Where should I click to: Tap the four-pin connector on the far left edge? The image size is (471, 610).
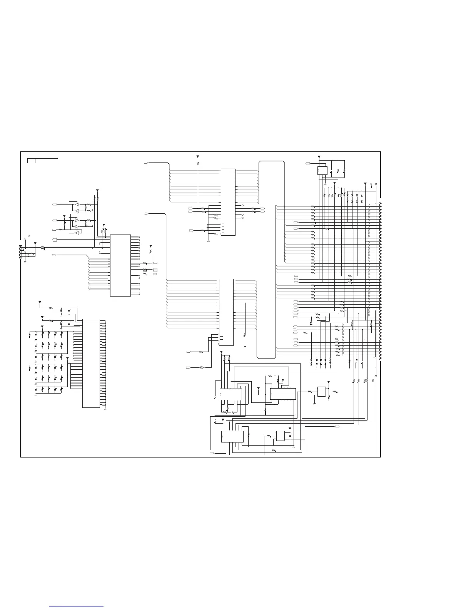pyautogui.click(x=21, y=252)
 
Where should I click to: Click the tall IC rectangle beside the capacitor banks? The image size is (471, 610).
pyautogui.click(x=91, y=363)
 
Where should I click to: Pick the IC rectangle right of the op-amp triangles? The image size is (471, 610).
pyautogui.click(x=120, y=265)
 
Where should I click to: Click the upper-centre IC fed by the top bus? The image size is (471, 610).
pyautogui.click(x=228, y=202)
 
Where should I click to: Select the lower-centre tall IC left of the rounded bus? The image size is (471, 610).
pyautogui.click(x=226, y=312)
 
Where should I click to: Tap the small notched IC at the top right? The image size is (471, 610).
pyautogui.click(x=321, y=170)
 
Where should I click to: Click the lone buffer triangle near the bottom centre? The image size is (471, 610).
pyautogui.click(x=202, y=368)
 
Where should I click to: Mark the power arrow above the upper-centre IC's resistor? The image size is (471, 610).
pyautogui.click(x=198, y=157)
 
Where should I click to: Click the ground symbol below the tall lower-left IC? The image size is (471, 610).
pyautogui.click(x=105, y=409)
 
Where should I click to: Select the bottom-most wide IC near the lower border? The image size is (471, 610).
pyautogui.click(x=232, y=436)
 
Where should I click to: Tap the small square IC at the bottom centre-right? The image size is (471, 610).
pyautogui.click(x=280, y=436)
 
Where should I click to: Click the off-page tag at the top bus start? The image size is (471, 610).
pyautogui.click(x=146, y=163)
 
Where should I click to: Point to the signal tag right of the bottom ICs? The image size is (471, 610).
pyautogui.click(x=337, y=427)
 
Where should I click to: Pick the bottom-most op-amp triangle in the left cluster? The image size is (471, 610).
pyautogui.click(x=77, y=233)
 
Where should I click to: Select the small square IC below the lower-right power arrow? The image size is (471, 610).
pyautogui.click(x=321, y=392)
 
